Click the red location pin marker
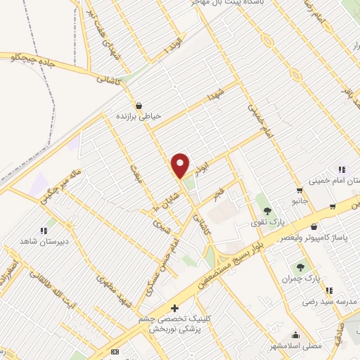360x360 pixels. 181,165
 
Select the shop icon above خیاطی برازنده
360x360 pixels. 138,105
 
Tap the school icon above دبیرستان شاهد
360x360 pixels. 44,230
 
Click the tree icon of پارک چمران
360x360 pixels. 301,266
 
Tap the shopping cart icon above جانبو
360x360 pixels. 300,191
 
